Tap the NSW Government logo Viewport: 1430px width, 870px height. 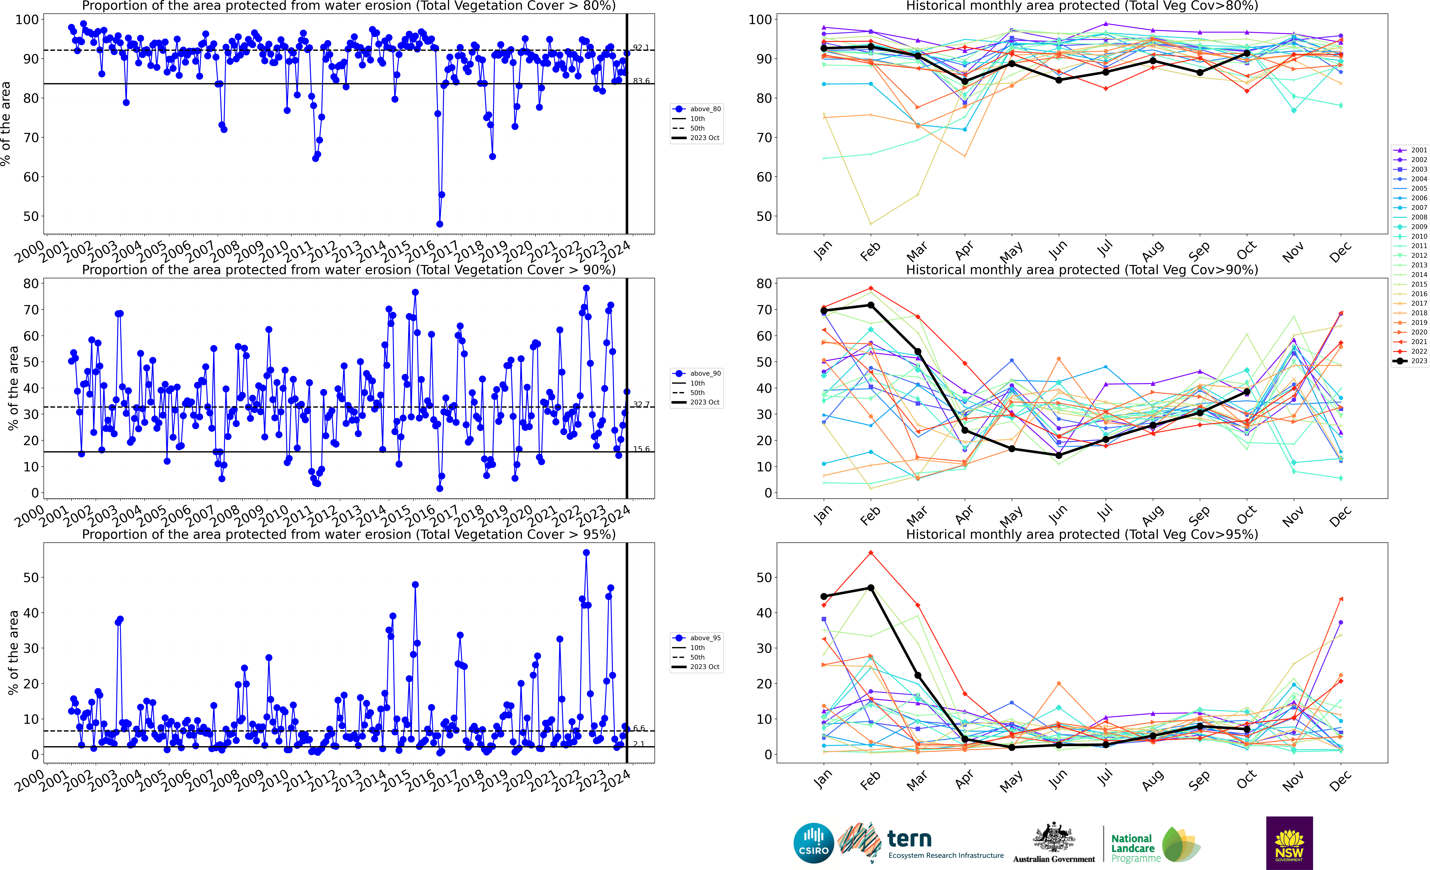click(1289, 843)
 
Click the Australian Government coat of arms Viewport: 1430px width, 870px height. click(1053, 838)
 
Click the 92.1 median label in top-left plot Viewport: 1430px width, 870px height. click(641, 48)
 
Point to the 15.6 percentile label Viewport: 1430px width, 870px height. click(641, 449)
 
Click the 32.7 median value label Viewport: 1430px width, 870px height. click(641, 404)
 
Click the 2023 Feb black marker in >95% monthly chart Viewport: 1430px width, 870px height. click(871, 588)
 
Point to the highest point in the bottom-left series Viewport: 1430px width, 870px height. click(586, 553)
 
